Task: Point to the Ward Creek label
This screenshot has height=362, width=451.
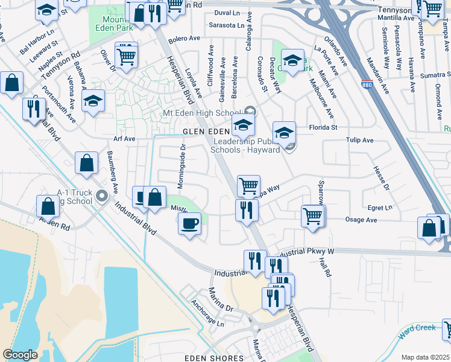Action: [417, 328]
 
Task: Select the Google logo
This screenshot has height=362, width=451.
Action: [20, 355]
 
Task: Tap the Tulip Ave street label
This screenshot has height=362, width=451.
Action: [360, 141]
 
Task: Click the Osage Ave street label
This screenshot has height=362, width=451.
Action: [362, 220]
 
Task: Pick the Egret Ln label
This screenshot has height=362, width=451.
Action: [380, 208]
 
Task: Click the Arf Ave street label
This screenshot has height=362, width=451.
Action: [125, 139]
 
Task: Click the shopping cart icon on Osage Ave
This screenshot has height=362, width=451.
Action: [312, 215]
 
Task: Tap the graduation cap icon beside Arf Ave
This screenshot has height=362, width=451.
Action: [93, 101]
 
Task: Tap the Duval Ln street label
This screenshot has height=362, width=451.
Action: [227, 12]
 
